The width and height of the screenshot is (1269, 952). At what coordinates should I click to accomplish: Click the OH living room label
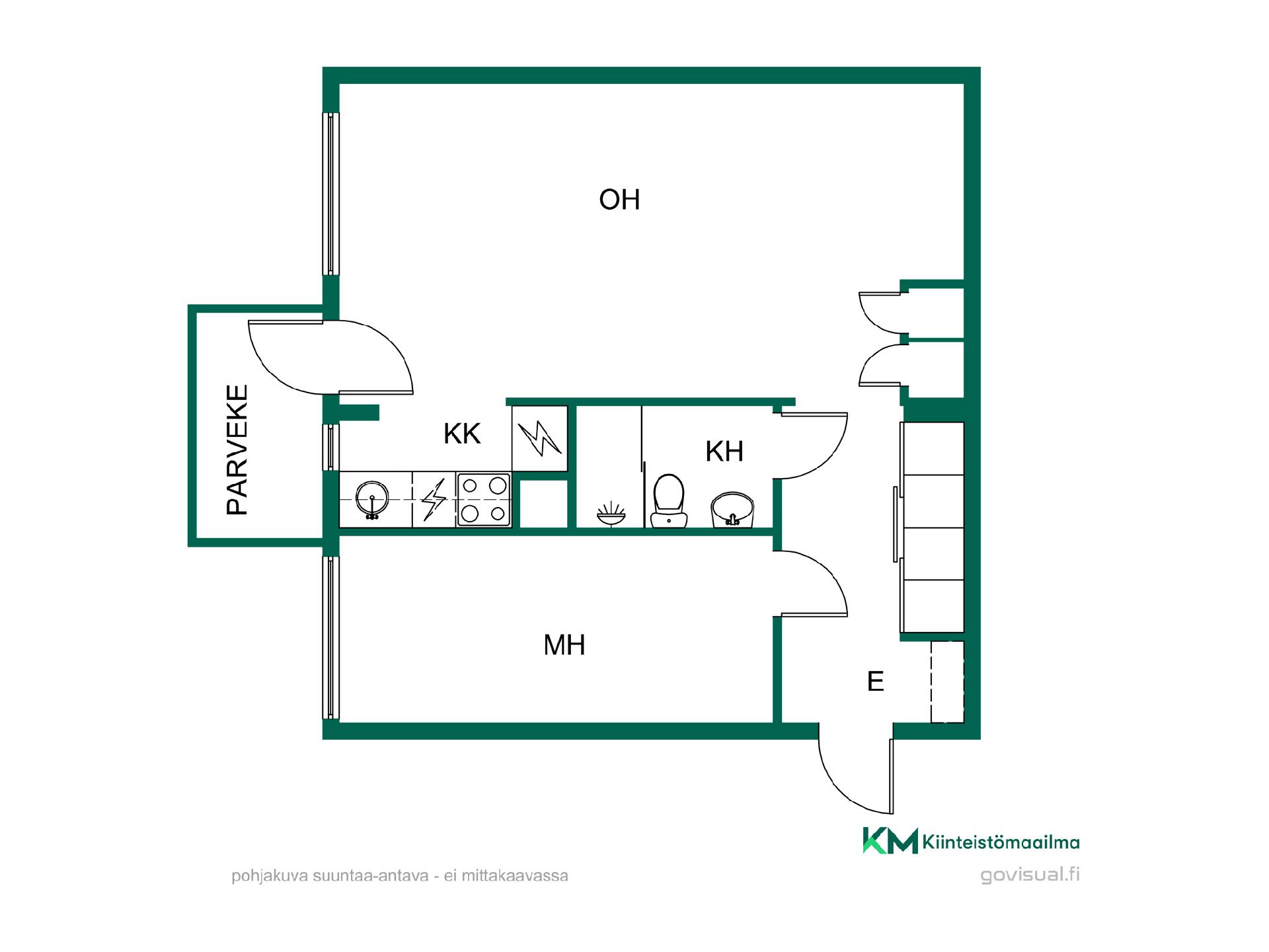pos(619,200)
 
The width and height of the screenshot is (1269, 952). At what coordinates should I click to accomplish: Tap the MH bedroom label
pos(564,645)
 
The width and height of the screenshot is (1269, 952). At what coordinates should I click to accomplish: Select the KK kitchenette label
pos(462,434)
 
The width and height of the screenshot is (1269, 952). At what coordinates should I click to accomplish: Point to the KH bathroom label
pos(724,452)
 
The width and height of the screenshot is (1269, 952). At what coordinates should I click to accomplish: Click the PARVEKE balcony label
pos(237,450)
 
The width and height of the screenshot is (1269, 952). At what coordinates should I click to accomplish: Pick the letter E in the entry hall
pos(876,682)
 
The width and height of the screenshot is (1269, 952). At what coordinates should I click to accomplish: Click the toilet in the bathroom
pos(668,500)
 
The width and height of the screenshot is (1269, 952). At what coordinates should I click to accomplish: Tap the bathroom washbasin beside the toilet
pos(732,510)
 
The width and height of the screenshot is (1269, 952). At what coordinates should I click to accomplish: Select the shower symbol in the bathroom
pos(610,514)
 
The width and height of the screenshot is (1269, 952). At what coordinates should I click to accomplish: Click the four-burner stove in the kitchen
pos(484,500)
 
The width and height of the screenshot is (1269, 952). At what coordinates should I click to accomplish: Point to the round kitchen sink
pos(372,499)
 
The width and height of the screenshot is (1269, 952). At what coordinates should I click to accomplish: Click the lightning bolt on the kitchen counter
pos(434,500)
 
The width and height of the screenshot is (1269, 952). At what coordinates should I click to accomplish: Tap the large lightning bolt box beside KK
pos(540,438)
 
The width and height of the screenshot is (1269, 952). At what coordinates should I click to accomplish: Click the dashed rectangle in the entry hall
pos(947,682)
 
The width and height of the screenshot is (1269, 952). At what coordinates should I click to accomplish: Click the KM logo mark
pos(890,840)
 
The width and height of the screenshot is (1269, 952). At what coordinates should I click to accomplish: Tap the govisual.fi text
pos(1030,875)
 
